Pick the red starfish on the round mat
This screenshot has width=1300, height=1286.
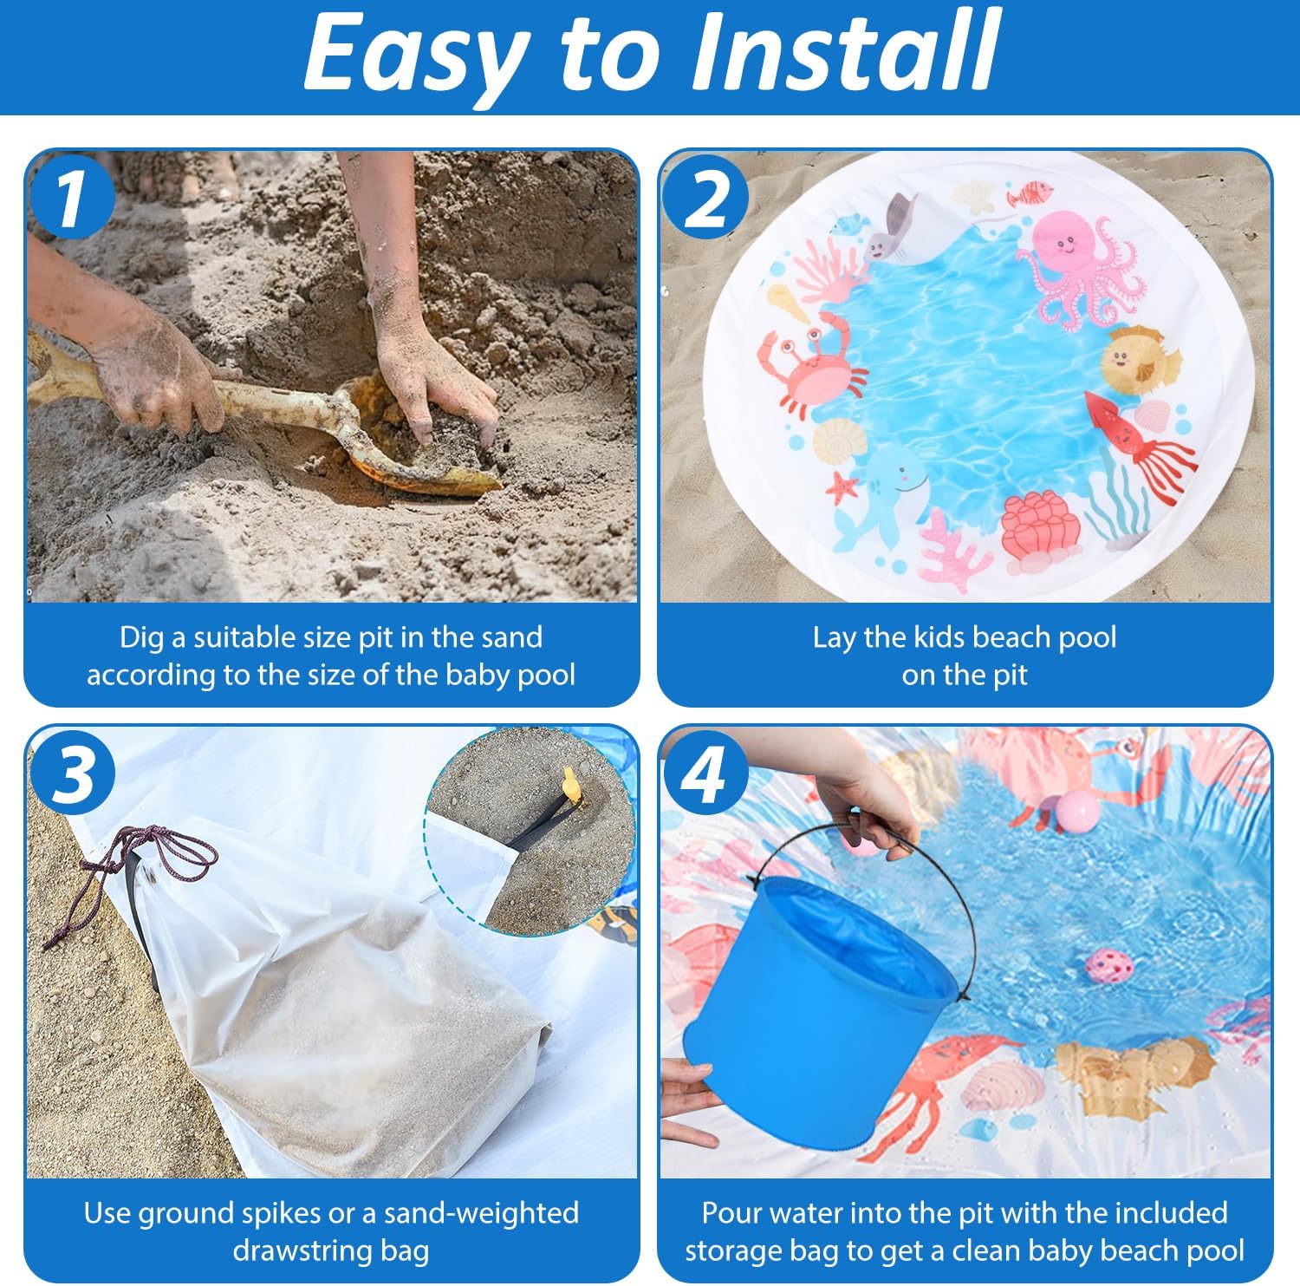pyautogui.click(x=842, y=487)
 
